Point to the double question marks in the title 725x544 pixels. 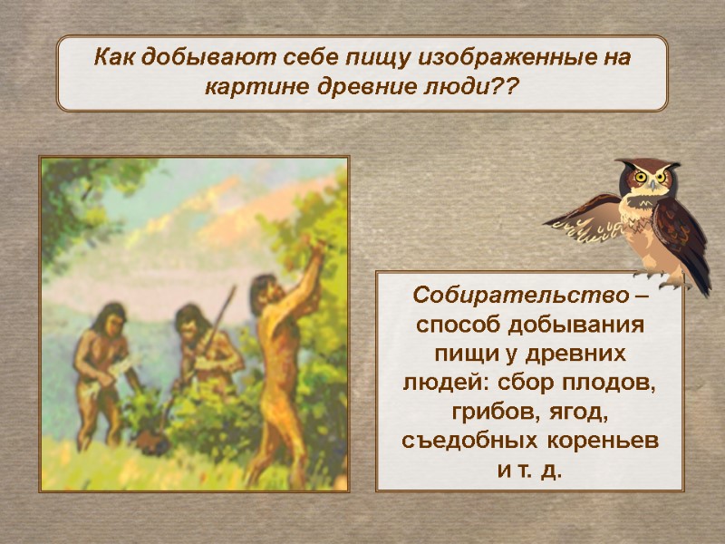pyautogui.click(x=507, y=89)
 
